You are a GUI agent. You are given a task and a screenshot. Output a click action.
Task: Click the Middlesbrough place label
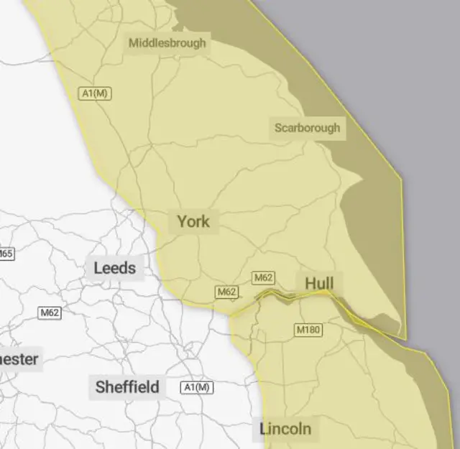(167, 43)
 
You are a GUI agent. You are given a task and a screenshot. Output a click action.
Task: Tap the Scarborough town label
(307, 129)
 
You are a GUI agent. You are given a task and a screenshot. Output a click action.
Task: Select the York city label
(193, 221)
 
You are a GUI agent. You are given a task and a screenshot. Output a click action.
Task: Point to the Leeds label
(114, 269)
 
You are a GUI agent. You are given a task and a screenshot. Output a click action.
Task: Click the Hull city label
(318, 282)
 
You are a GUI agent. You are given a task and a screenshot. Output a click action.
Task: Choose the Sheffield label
(127, 387)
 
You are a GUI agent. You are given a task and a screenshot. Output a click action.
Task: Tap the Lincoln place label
(285, 429)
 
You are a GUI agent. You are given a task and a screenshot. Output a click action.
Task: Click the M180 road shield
(308, 330)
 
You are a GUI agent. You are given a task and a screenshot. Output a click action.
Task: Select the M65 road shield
(6, 254)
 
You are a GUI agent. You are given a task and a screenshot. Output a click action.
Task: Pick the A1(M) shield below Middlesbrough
(95, 93)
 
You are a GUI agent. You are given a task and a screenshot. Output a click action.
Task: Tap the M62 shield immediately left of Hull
(263, 277)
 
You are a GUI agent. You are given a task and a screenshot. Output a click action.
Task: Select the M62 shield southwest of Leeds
(50, 313)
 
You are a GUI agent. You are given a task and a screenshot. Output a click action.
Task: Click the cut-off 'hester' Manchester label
(19, 358)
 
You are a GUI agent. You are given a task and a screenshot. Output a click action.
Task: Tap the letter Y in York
(183, 221)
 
